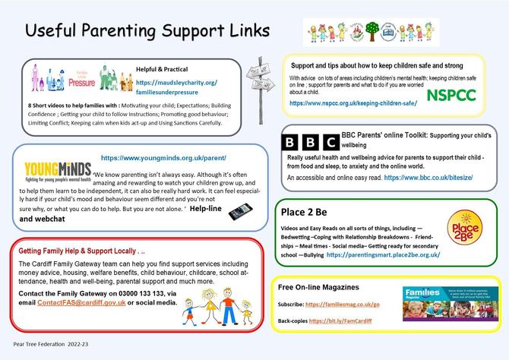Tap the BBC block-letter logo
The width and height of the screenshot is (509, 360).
(310, 142)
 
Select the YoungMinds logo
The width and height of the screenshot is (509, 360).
(52, 172)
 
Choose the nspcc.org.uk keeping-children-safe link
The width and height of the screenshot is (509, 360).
(352, 103)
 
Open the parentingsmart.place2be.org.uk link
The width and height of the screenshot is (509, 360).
(382, 255)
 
